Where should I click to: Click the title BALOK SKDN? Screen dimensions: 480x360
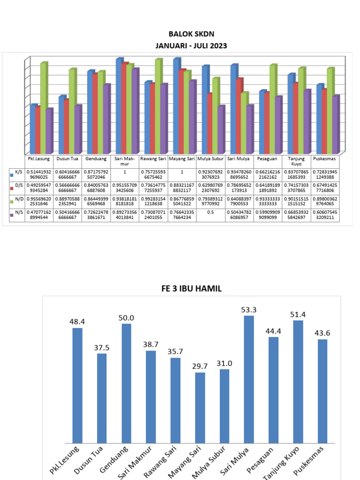(191, 34)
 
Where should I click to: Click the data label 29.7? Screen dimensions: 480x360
(200, 366)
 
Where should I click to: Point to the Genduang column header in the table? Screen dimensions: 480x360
(96, 159)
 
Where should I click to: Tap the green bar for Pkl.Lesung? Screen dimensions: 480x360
(43, 108)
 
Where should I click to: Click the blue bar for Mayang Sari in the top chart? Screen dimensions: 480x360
(176, 105)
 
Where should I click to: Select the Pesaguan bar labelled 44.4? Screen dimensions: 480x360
(273, 390)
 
